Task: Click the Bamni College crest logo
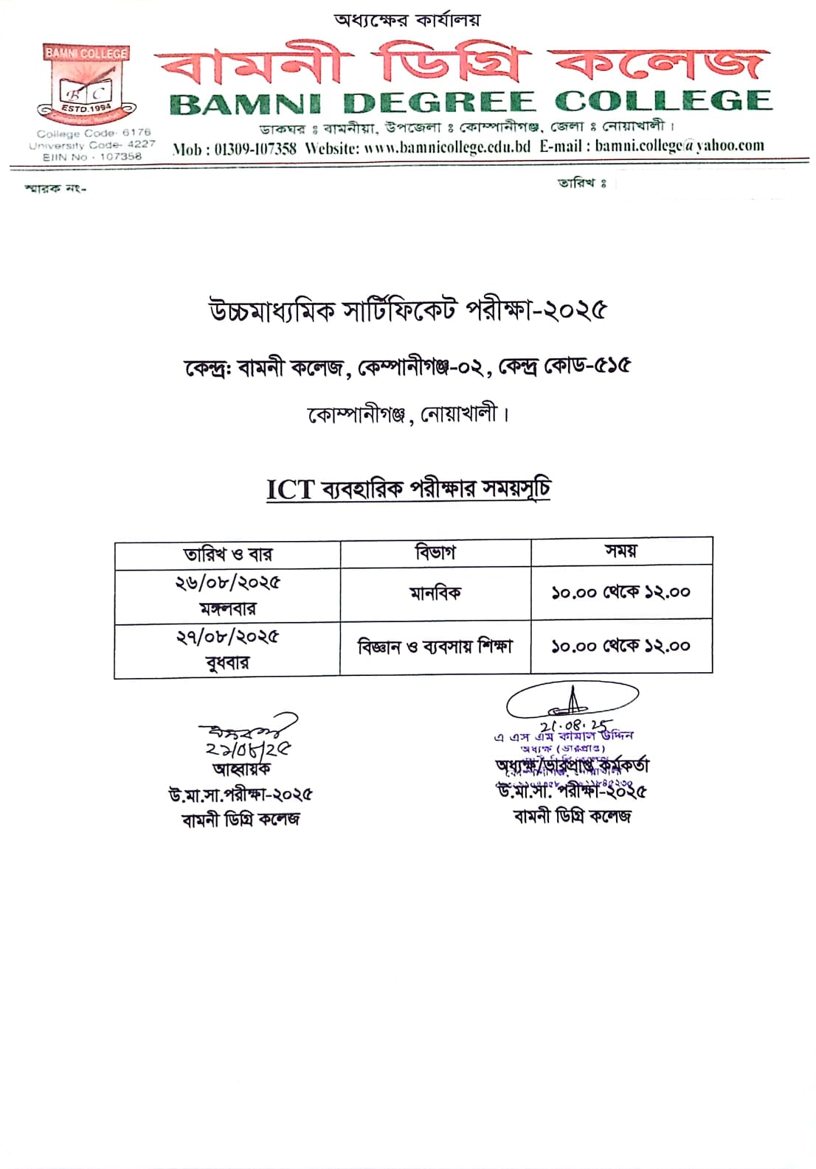tap(87, 86)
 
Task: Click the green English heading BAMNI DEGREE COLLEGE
tap(470, 102)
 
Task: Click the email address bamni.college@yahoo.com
tap(680, 145)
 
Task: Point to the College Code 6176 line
tap(94, 133)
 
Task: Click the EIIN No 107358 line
tap(92, 156)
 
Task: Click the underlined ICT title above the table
tap(408, 489)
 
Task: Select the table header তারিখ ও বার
tap(227, 554)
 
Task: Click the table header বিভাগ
tap(435, 552)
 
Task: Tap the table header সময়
tap(620, 551)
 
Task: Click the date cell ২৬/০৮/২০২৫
tap(227, 582)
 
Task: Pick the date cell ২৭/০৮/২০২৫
tap(227, 637)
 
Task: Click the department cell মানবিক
tap(435, 593)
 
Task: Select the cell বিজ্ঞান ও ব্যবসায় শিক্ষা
tap(435, 646)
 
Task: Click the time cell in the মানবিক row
tap(621, 592)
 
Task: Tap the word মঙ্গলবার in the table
tap(227, 609)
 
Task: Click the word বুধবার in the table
tap(227, 663)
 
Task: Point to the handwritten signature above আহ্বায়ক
tap(247, 730)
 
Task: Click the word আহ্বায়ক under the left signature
tap(241, 769)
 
